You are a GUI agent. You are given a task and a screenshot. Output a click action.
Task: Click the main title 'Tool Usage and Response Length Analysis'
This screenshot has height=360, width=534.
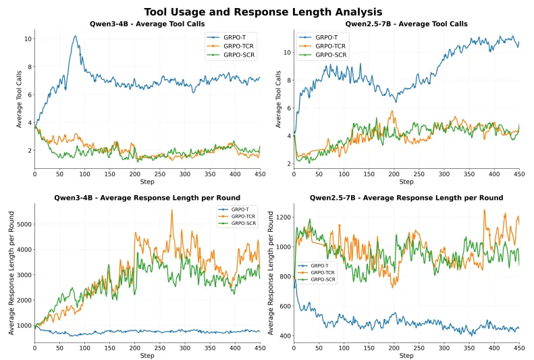coord(263,11)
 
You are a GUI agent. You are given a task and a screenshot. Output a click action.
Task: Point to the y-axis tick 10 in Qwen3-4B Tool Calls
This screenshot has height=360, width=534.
coord(27,39)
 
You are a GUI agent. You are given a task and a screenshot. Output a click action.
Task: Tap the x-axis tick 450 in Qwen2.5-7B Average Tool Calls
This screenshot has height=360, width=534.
coord(518,174)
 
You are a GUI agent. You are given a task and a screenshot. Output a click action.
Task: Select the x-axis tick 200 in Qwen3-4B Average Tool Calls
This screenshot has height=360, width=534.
coord(135,174)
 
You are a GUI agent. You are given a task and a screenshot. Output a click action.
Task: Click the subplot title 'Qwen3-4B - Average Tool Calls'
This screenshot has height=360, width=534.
coord(147,24)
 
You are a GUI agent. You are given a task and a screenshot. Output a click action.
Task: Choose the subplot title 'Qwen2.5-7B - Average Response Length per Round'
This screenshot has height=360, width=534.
coord(406,198)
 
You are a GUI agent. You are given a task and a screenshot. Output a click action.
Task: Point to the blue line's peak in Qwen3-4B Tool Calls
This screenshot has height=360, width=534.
coord(75,36)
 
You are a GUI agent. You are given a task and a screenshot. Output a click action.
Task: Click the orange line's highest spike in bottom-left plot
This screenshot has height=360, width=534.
coord(171,210)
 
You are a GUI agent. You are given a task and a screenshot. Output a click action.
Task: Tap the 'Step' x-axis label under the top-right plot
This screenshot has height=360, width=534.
coord(406,182)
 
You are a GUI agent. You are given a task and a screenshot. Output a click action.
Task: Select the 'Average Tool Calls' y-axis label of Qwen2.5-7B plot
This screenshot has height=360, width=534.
coord(278,99)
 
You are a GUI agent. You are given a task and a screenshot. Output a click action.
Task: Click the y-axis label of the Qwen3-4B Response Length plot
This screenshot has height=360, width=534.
coord(11,272)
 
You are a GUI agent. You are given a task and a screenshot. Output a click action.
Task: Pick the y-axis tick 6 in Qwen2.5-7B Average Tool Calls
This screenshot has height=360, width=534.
coord(288,108)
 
